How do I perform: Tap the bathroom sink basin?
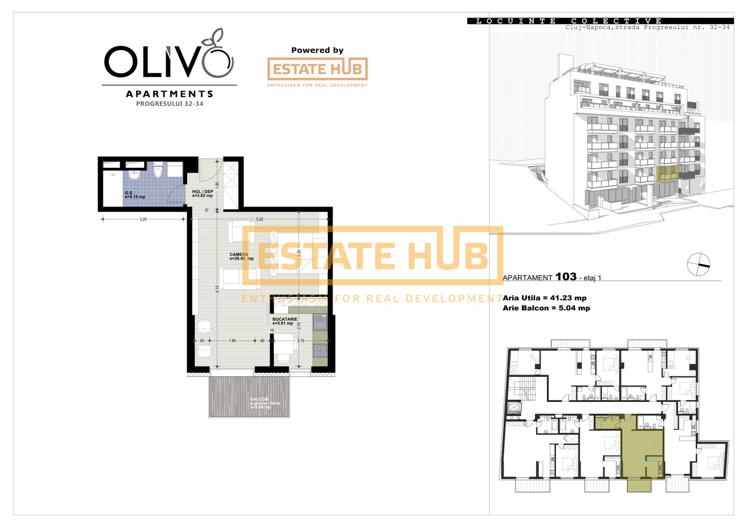pyautogui.click(x=134, y=175)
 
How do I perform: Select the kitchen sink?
pyautogui.click(x=320, y=322)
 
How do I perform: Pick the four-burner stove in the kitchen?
pyautogui.click(x=320, y=351)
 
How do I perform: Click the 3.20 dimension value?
pyautogui.click(x=143, y=220)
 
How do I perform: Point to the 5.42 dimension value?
pyautogui.click(x=259, y=220)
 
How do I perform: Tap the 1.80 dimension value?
pyautogui.click(x=232, y=341)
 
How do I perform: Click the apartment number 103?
pyautogui.click(x=566, y=277)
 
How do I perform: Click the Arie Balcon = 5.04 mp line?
pyautogui.click(x=546, y=308)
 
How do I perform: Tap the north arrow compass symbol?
pyautogui.click(x=699, y=265)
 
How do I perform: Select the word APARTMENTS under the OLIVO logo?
pyautogui.click(x=170, y=94)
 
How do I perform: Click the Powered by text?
pyautogui.click(x=317, y=50)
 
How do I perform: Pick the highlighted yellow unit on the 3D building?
pyautogui.click(x=667, y=174)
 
